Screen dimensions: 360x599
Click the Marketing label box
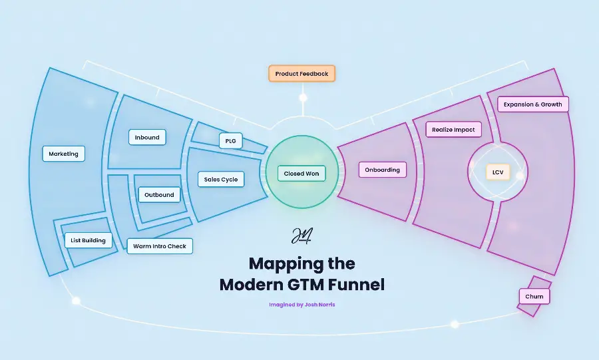pos(64,154)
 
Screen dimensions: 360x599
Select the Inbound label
pos(147,138)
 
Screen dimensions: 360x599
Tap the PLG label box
pos(230,141)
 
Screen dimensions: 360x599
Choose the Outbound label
pos(159,195)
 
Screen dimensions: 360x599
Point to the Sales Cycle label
pos(221,179)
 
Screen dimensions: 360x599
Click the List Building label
pos(88,240)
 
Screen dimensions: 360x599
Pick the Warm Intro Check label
pos(160,246)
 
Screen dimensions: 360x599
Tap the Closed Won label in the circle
pos(301,174)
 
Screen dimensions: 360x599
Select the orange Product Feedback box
pos(301,73)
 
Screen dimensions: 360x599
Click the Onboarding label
pos(383,170)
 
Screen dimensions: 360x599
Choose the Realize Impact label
pos(453,130)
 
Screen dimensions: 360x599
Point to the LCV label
pos(497,172)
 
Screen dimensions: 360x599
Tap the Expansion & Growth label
pos(532,104)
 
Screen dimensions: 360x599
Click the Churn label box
pos(534,296)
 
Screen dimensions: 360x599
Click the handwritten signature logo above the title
pos(301,236)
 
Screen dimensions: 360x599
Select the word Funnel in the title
pos(358,285)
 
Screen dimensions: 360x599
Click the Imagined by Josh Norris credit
pos(301,305)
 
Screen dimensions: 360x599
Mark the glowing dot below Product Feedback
pos(303,98)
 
